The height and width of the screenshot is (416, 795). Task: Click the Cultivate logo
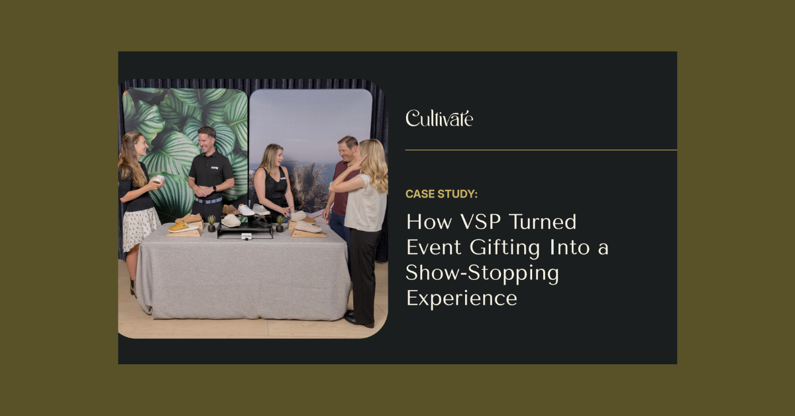click(x=439, y=119)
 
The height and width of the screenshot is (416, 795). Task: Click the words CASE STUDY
click(x=441, y=194)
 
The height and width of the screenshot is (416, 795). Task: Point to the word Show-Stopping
click(x=482, y=273)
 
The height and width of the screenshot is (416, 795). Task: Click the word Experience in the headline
click(x=461, y=298)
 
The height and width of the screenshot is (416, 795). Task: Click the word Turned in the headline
click(x=545, y=222)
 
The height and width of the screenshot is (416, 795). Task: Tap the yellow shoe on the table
click(x=179, y=227)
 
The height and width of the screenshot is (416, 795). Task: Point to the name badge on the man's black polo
click(x=215, y=169)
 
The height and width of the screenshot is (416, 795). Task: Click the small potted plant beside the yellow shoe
click(x=211, y=223)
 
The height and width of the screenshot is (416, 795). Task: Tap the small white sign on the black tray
click(x=245, y=236)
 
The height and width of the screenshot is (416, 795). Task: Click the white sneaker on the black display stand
click(x=246, y=210)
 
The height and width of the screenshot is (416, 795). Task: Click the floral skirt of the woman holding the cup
click(x=141, y=229)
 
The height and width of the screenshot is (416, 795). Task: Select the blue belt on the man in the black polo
click(x=209, y=200)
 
